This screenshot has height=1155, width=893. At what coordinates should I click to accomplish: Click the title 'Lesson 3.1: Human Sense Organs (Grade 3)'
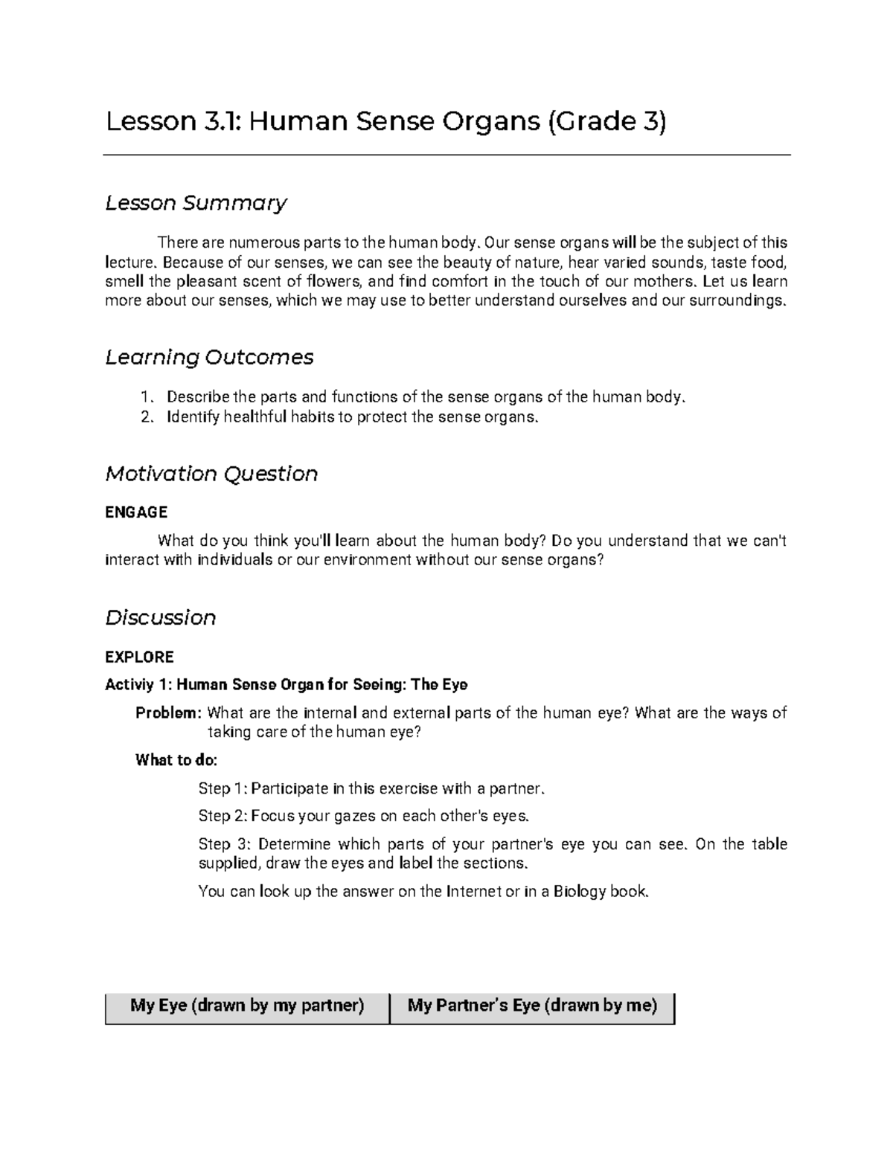385,121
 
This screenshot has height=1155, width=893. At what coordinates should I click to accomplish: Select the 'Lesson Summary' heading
196,202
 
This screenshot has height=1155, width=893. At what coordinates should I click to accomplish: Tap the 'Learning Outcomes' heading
209,357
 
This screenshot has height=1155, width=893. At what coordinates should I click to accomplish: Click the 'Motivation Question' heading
211,474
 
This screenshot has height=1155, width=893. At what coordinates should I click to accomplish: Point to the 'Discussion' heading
160,617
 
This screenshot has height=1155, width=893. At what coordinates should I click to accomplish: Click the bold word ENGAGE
136,512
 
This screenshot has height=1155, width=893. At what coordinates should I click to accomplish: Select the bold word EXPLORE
139,657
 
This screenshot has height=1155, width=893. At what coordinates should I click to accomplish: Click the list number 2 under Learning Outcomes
146,417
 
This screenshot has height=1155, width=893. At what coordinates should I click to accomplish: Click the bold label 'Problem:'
168,713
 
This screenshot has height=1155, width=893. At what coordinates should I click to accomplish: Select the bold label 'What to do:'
176,760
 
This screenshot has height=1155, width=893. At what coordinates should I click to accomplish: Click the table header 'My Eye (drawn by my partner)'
247,1006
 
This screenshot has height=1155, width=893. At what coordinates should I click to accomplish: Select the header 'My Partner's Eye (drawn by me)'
532,1006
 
